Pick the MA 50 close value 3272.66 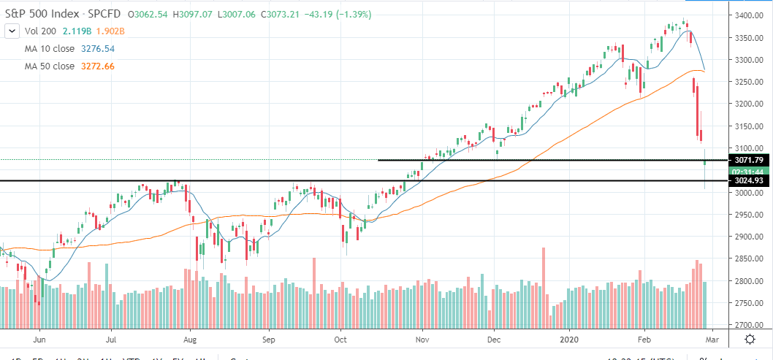point(98,66)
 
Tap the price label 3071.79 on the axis point(750,160)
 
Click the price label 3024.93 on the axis point(750,180)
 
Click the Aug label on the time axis point(190,339)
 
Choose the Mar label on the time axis point(713,339)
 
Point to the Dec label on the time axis point(494,339)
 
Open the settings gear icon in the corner point(750,339)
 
